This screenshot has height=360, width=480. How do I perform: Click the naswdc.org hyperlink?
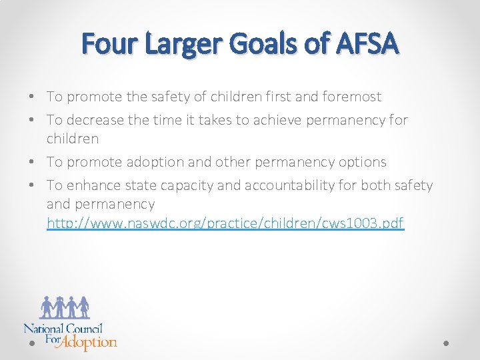(225, 223)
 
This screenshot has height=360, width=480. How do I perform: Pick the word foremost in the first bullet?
(352, 97)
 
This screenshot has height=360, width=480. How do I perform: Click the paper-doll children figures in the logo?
(65, 307)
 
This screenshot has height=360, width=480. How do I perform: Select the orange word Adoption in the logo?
(91, 342)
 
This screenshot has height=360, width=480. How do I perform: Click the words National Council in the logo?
(63, 328)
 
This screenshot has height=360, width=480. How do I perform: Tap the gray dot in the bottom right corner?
(446, 343)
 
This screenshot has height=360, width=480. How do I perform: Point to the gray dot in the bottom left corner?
(32, 343)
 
